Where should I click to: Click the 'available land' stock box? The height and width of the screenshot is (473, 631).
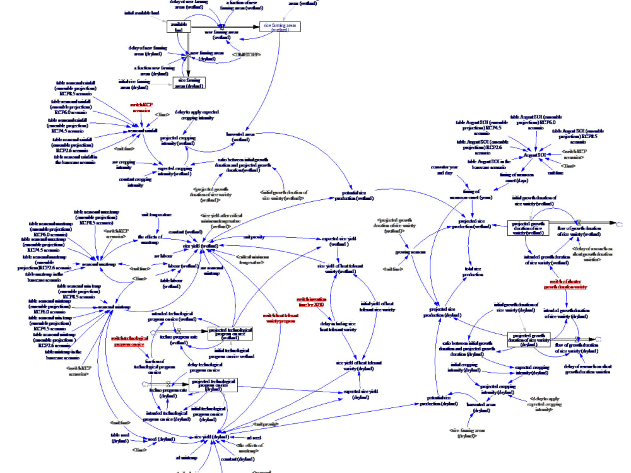tap(179, 26)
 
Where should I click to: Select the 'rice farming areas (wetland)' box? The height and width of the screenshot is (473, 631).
tap(278, 26)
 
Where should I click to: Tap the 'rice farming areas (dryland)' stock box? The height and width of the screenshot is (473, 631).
tap(189, 83)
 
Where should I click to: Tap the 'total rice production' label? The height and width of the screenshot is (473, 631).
tap(473, 272)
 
